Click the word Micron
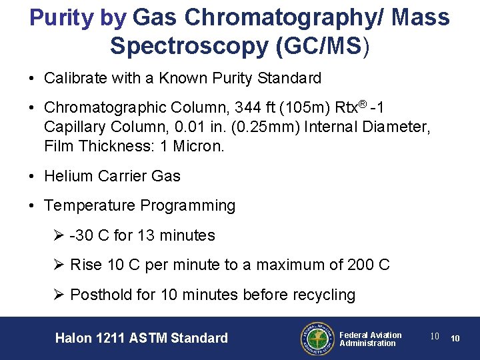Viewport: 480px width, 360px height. tap(199, 145)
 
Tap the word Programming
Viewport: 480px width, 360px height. tap(190, 205)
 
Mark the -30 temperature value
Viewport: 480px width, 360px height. tap(83, 235)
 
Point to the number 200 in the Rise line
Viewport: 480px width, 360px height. tap(361, 265)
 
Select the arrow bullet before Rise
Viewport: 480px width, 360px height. tap(59, 265)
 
